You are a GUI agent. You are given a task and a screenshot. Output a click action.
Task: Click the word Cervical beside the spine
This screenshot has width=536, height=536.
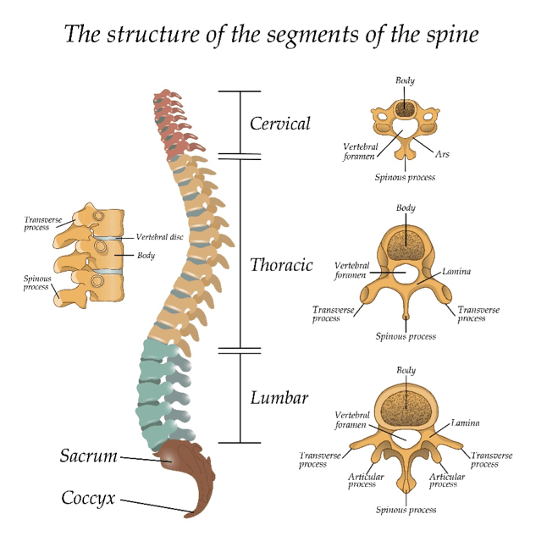coord(279,124)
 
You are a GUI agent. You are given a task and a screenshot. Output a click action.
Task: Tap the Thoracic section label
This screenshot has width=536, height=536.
coord(281,265)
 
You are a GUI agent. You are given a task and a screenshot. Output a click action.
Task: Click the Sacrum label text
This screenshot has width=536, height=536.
coord(88,456)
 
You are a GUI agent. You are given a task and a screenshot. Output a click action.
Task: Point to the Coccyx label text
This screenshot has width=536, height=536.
coord(88,497)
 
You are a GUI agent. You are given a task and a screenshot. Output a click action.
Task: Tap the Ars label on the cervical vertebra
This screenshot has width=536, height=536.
coord(442,155)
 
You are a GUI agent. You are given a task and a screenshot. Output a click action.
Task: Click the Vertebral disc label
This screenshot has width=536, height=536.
coord(159,237)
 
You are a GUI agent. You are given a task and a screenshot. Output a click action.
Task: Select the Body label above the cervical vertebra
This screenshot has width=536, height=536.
coord(406,80)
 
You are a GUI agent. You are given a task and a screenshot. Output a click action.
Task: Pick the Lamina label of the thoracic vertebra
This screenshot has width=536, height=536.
coord(457,272)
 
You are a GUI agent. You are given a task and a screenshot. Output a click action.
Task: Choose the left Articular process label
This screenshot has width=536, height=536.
coord(366,480)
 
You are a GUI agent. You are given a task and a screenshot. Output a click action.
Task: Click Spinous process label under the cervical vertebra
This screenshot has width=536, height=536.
coord(406,178)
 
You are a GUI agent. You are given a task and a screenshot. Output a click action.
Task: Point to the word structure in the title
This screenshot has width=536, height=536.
coord(151,36)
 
